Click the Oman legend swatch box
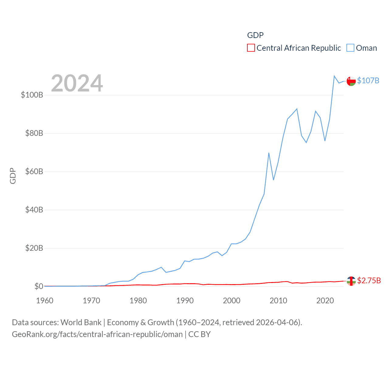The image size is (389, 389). (350, 48)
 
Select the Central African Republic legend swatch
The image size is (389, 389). (251, 48)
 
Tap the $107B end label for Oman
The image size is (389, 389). (368, 81)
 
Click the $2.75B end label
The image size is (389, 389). (369, 281)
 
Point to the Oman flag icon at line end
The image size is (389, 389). (351, 81)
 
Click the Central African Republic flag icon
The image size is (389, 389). (351, 281)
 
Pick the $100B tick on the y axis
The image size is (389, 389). (32, 95)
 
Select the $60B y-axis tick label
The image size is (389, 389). (34, 171)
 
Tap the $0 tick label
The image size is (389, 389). (39, 286)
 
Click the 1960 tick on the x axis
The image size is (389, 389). (45, 301)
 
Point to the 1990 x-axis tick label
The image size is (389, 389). (185, 301)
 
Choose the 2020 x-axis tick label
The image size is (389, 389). (325, 301)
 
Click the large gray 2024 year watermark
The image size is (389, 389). (77, 83)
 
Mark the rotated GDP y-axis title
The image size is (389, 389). (13, 176)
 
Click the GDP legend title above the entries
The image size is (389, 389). (255, 35)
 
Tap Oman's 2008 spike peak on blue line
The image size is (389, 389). (269, 153)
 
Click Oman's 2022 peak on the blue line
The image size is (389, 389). (334, 76)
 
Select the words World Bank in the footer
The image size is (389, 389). (81, 322)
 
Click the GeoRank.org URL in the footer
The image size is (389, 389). (97, 334)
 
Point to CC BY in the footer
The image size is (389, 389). (199, 334)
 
